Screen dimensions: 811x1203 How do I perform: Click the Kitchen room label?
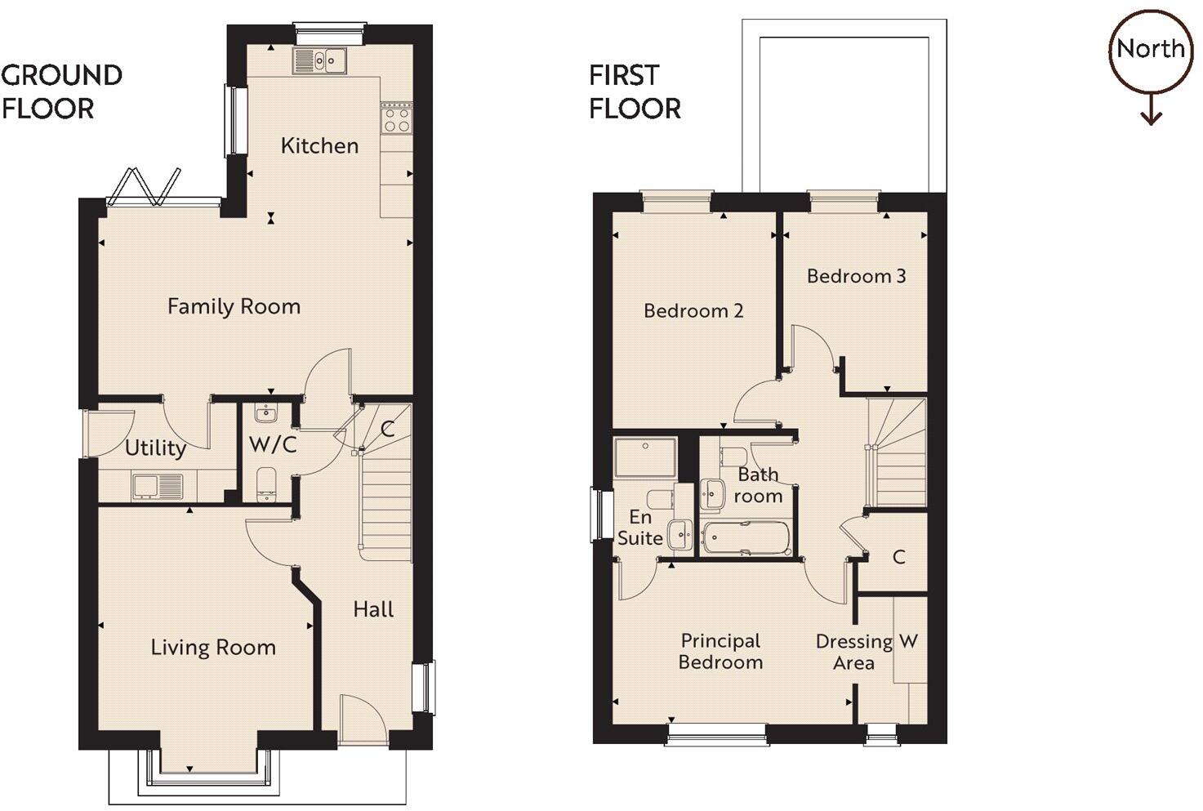tap(319, 146)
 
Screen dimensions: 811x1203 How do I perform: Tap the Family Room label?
tap(234, 307)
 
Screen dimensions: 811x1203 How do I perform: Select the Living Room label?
tap(213, 648)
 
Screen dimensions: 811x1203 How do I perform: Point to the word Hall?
tap(373, 609)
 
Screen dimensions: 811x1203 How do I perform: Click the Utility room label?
tap(155, 448)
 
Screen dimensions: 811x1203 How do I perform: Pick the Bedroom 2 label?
tap(693, 311)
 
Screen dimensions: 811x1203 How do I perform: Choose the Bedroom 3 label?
tap(856, 276)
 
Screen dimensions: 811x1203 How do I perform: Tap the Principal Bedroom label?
tap(720, 652)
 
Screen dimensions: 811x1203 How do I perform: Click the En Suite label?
tap(640, 528)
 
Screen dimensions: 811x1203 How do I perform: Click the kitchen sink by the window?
tap(320, 60)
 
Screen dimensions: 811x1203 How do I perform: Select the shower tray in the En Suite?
tap(645, 457)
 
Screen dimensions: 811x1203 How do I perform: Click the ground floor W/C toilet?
tap(266, 483)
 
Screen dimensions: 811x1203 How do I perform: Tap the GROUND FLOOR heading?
tap(61, 91)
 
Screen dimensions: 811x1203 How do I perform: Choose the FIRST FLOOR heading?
tap(635, 91)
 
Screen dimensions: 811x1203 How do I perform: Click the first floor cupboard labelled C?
tap(898, 557)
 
